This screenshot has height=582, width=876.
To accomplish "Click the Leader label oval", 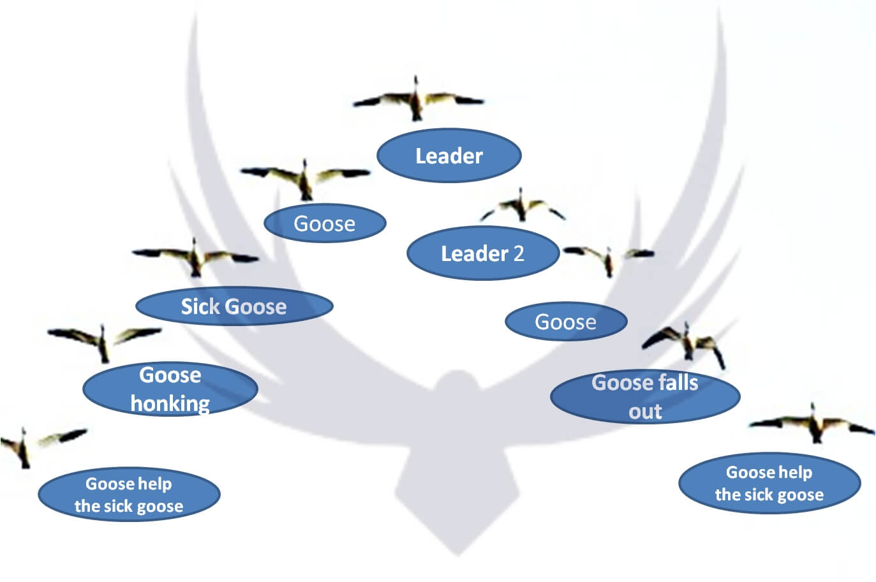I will pyautogui.click(x=449, y=156).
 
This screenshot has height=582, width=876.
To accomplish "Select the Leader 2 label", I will pyautogui.click(x=482, y=253).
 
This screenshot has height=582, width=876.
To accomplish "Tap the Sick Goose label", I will pyautogui.click(x=234, y=306).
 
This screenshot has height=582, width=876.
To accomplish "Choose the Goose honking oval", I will pyautogui.click(x=170, y=389).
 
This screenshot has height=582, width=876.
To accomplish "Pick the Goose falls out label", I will pyautogui.click(x=644, y=396).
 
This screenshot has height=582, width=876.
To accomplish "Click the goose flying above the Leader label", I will pyautogui.click(x=417, y=100).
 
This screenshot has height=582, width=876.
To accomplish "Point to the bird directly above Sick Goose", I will pyautogui.click(x=195, y=257).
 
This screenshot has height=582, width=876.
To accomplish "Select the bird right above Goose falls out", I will pyautogui.click(x=687, y=342).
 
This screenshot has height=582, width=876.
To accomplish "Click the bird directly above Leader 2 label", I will pyautogui.click(x=523, y=205).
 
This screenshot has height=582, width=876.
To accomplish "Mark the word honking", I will pyautogui.click(x=170, y=403).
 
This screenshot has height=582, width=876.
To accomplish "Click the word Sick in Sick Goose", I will pyautogui.click(x=200, y=306).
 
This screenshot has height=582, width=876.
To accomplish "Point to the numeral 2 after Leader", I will pyautogui.click(x=518, y=253).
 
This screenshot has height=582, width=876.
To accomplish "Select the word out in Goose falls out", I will pyautogui.click(x=645, y=411).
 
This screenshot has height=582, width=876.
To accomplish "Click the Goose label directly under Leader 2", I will pyautogui.click(x=565, y=322).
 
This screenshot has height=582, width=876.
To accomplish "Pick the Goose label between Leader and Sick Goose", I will pyautogui.click(x=324, y=223).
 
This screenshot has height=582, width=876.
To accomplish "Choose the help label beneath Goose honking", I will pyautogui.click(x=129, y=495).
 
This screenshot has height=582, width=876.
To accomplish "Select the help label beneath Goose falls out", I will pyautogui.click(x=769, y=483).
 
